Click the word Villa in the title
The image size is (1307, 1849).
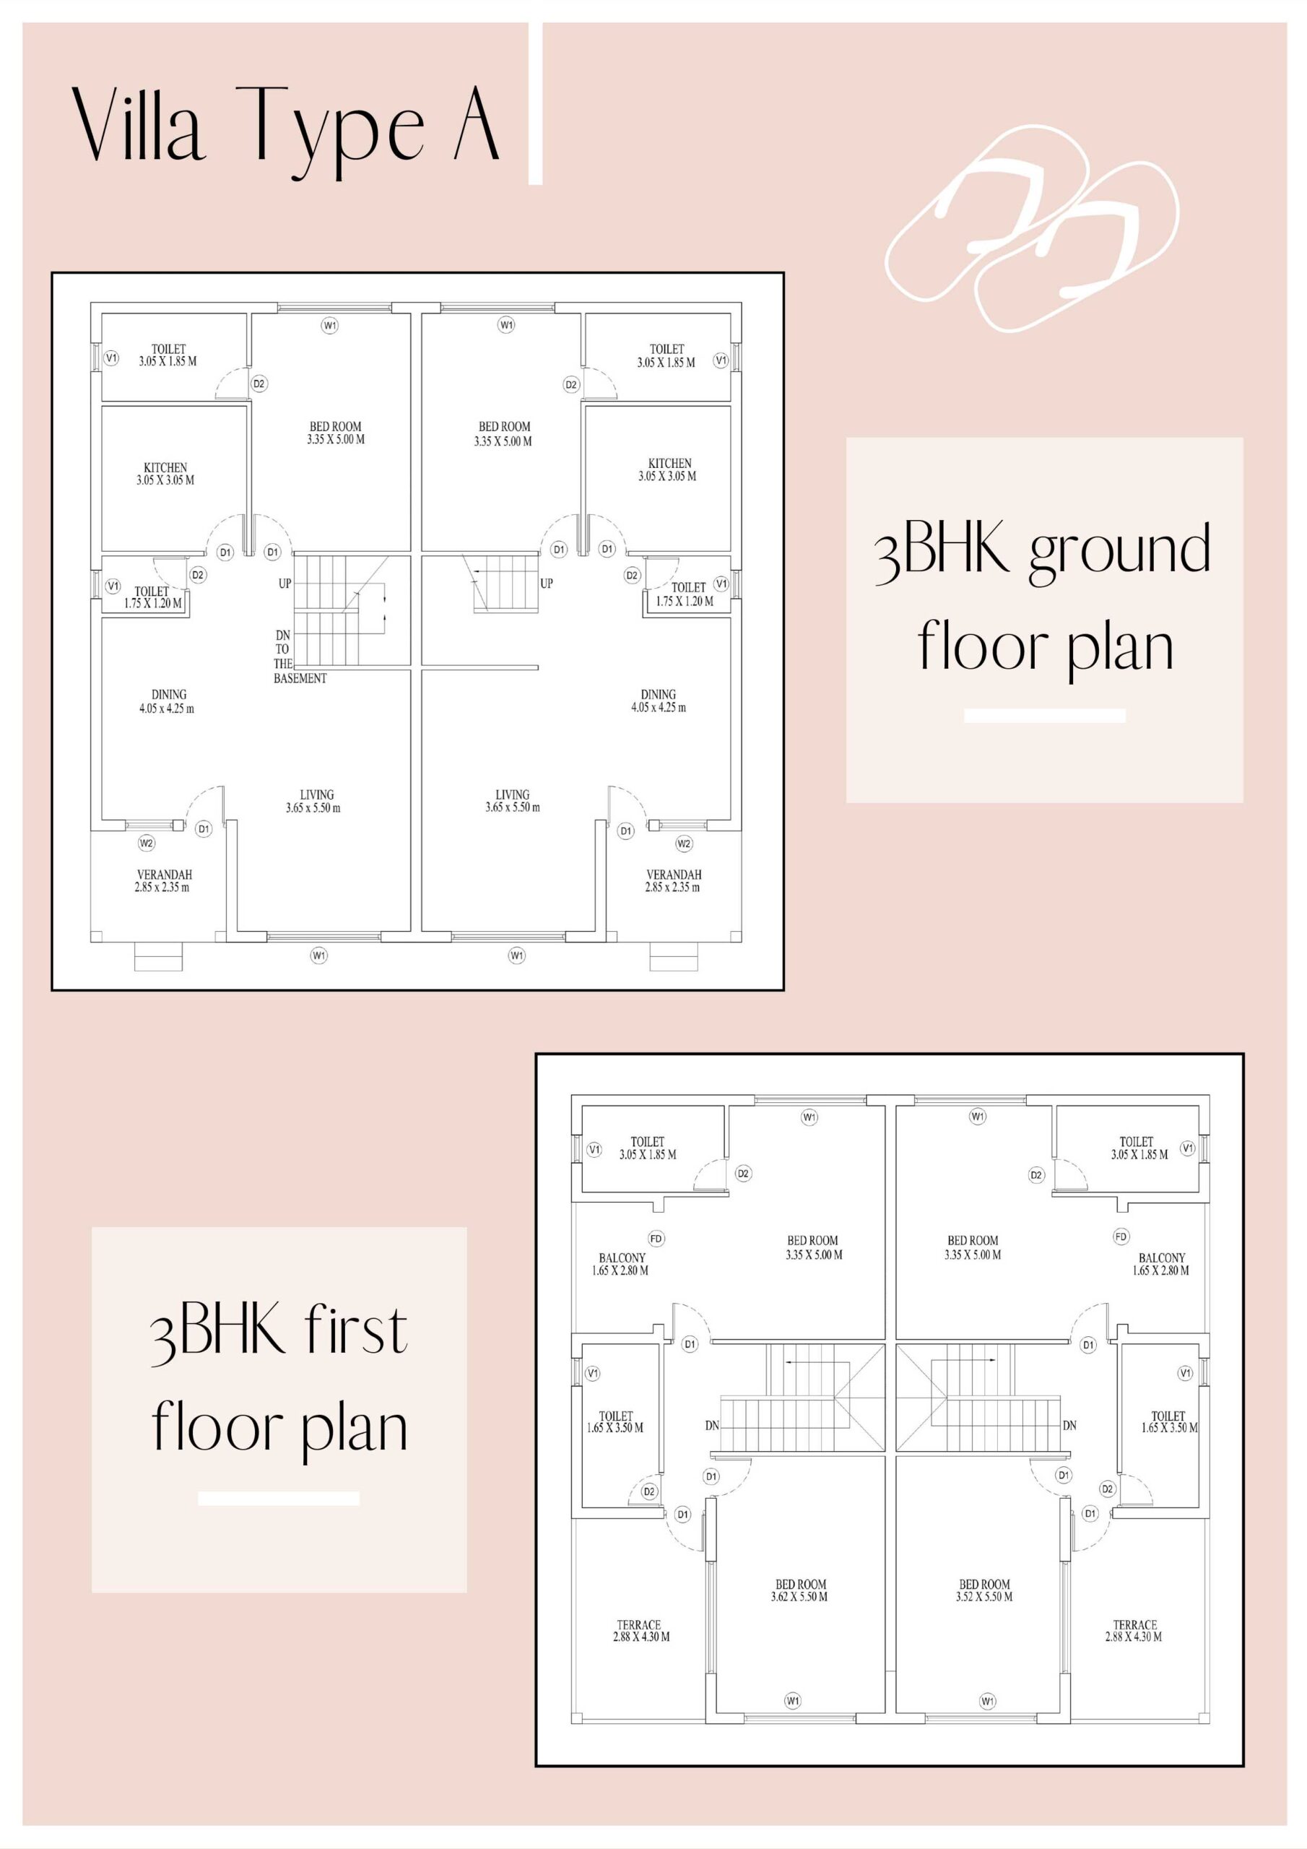pyautogui.click(x=139, y=124)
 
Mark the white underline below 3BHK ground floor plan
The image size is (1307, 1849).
pyautogui.click(x=1044, y=716)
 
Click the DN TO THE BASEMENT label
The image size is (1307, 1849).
pyautogui.click(x=300, y=657)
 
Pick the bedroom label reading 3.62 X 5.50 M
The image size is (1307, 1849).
pyautogui.click(x=799, y=1590)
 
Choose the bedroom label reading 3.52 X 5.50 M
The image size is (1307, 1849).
pyautogui.click(x=984, y=1590)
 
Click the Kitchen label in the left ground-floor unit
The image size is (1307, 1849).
pyautogui.click(x=165, y=474)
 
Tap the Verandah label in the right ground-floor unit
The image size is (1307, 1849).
pyautogui.click(x=673, y=881)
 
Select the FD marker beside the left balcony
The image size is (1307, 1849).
pyautogui.click(x=656, y=1239)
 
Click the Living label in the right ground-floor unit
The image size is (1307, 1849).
pyautogui.click(x=512, y=800)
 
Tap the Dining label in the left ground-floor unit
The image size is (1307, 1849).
pyautogui.click(x=167, y=701)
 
